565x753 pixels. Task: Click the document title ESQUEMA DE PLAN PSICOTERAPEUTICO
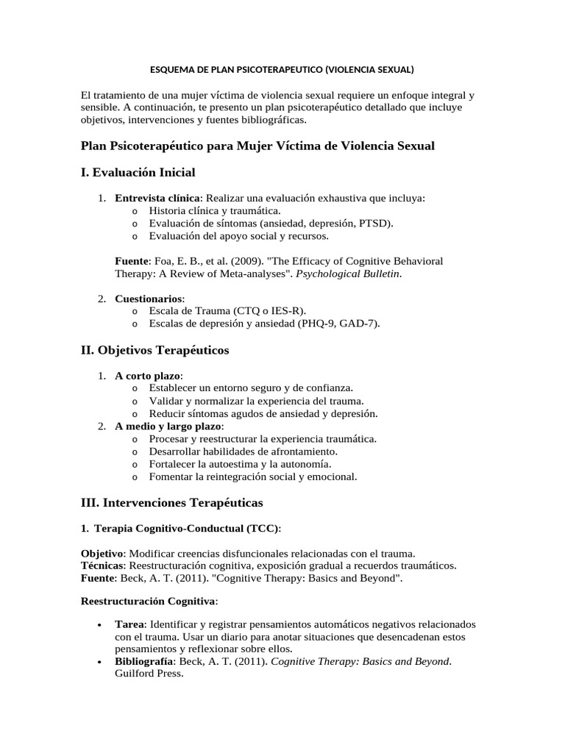(x=282, y=71)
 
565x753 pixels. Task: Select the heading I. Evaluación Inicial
(x=138, y=172)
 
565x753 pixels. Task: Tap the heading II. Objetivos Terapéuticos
(x=154, y=350)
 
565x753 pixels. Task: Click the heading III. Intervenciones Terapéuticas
(x=171, y=503)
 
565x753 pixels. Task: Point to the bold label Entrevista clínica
(x=157, y=198)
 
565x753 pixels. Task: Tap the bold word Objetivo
(x=102, y=553)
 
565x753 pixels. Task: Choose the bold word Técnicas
(x=103, y=565)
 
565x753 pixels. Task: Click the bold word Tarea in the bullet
(x=129, y=624)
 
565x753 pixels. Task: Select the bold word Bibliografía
(x=145, y=661)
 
